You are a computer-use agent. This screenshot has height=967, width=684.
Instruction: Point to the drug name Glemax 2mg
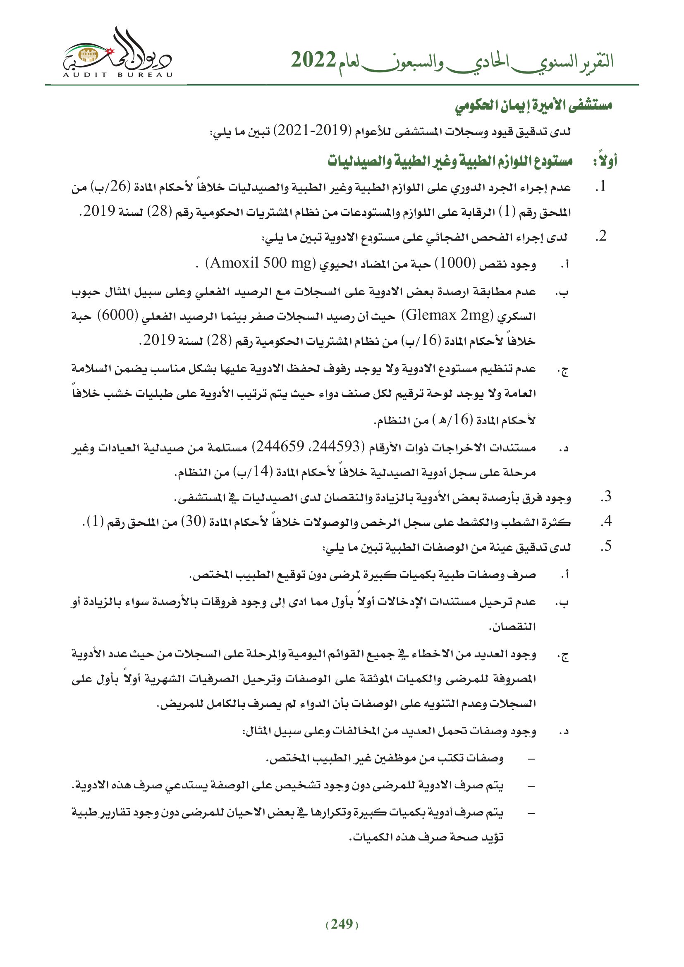[x=447, y=315]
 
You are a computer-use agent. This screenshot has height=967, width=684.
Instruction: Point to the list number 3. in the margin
[x=606, y=497]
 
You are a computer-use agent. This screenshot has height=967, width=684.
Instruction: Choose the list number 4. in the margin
[x=606, y=521]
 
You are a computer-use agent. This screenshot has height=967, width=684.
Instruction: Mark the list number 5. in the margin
[x=606, y=546]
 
